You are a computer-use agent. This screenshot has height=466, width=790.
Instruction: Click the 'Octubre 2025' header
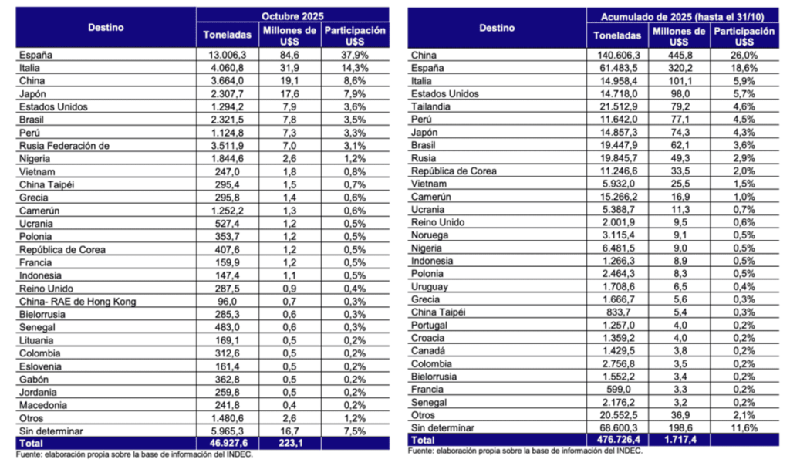(x=292, y=15)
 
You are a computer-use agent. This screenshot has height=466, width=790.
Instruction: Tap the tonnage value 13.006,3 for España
(x=227, y=55)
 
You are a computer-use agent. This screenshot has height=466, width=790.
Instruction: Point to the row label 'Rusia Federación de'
(x=59, y=145)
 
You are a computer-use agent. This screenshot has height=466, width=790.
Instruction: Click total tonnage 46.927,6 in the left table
(x=226, y=444)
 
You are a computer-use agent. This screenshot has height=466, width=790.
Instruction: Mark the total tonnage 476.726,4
(x=616, y=439)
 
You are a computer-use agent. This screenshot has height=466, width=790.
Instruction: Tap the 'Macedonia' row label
(x=43, y=405)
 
